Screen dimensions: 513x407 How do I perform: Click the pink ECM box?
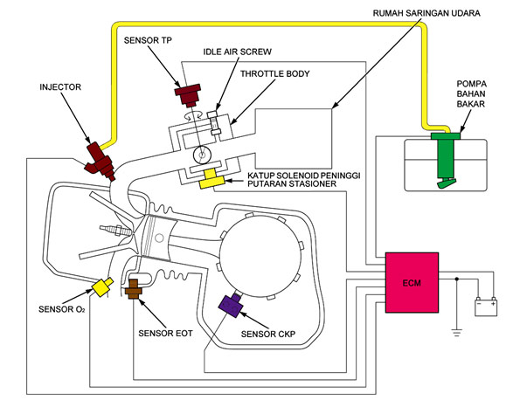coord(412,282)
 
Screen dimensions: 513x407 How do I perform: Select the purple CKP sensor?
coord(231,305)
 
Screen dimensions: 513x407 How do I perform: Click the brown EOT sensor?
coord(133,289)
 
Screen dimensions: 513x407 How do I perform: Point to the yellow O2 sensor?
coord(102,286)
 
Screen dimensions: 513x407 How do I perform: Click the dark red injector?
coord(100,161)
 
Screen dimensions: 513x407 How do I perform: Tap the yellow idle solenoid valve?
coord(212,179)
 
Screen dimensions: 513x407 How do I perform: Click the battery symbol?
coord(486,307)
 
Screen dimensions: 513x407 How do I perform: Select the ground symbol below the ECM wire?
coord(457,333)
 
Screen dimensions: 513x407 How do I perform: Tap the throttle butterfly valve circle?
coord(202,155)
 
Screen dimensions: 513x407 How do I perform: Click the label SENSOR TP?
coord(148,40)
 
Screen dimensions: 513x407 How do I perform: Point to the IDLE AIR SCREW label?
coord(237,52)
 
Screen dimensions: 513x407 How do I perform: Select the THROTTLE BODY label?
coord(274,74)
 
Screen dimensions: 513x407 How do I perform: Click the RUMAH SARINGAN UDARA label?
coord(426,13)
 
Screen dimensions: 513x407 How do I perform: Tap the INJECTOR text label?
coord(60,87)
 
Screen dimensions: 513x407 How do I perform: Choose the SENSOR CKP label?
coord(268,334)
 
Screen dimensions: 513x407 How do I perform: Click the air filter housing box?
coord(294,139)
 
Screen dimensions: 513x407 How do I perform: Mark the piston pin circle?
coord(159,238)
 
